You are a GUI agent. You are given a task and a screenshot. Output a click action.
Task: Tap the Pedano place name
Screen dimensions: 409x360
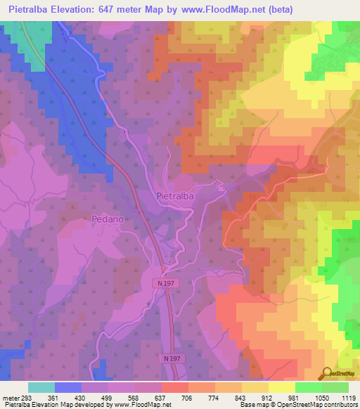pos(108,219)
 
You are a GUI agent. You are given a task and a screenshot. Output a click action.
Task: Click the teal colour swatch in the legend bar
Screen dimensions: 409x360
pos(41,387)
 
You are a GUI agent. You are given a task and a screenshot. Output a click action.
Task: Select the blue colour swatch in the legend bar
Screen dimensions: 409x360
pos(68,387)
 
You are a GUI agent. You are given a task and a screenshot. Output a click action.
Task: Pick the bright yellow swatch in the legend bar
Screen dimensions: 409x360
pos(281,387)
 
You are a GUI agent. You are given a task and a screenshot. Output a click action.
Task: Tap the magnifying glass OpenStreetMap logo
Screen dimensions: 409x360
pos(326,373)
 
